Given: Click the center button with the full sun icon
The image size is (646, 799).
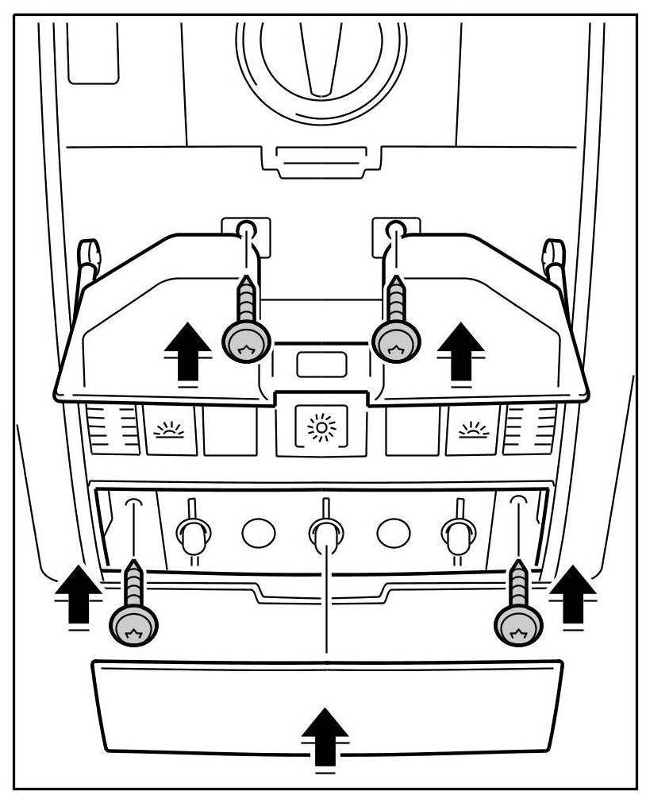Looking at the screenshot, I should tap(321, 429).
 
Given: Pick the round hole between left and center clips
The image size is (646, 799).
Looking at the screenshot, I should tap(258, 533).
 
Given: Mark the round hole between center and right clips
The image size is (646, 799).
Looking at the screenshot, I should tap(392, 533).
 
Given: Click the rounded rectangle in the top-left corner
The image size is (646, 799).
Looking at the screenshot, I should tap(93, 52).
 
